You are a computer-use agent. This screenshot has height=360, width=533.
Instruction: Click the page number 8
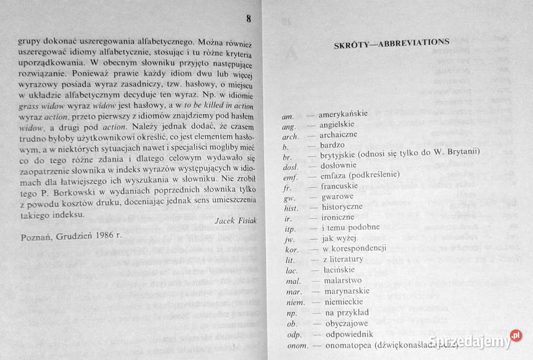pyautogui.click(x=249, y=19)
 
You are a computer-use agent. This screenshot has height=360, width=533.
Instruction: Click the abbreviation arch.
pyautogui.click(x=290, y=135)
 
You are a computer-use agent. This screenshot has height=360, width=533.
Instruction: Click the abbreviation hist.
pyautogui.click(x=290, y=207)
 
